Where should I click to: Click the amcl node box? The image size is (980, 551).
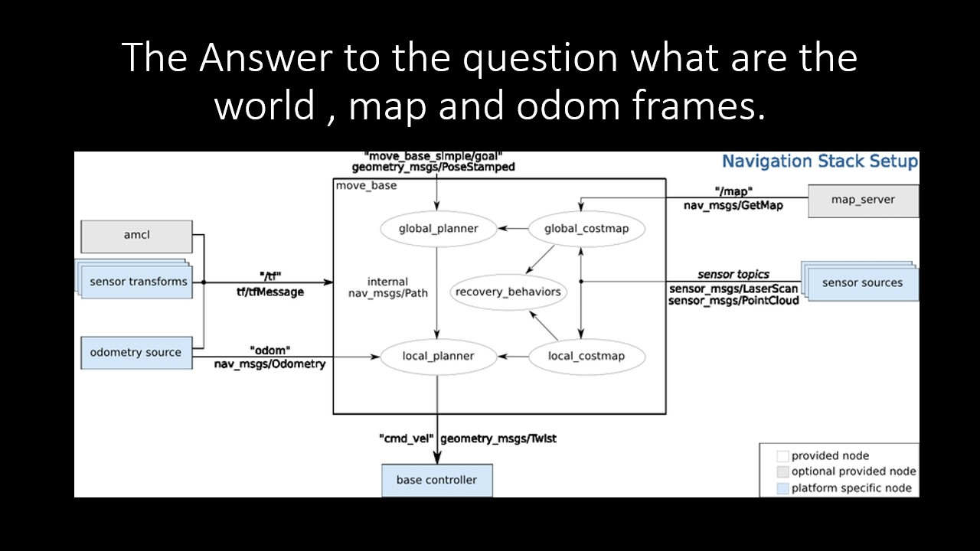pos(136,236)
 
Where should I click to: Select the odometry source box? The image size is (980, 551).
pos(136,353)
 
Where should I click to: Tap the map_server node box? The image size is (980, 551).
pos(863,201)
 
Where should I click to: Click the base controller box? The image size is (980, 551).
pos(437,481)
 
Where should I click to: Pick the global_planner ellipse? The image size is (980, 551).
pos(439,229)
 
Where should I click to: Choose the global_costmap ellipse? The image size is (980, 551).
pos(586,229)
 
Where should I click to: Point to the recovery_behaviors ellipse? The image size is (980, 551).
pos(508,292)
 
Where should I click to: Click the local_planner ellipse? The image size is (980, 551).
pos(439,357)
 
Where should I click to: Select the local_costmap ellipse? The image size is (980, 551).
pos(586,357)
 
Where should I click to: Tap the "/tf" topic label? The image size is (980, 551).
pos(270,276)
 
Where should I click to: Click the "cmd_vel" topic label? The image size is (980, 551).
pos(407,439)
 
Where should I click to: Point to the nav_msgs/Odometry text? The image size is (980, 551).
pos(270,364)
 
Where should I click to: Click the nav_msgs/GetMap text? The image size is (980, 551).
pos(733,206)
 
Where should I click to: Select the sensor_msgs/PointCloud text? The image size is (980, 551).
pos(733,301)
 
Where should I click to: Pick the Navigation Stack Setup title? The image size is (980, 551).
pos(820,161)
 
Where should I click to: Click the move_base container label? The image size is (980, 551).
pos(366,186)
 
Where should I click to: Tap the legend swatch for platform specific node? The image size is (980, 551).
pos(782,488)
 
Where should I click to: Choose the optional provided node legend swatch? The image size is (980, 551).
pos(782,472)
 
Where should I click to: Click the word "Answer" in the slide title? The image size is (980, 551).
pos(266,57)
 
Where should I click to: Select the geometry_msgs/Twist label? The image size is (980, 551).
pos(498,439)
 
